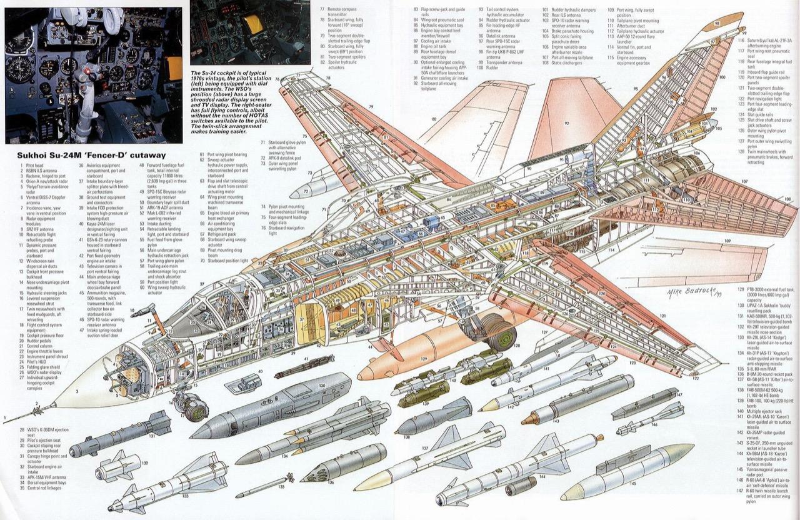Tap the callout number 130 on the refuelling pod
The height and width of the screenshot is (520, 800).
(322, 386)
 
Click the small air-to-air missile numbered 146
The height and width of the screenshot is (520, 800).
(650, 419)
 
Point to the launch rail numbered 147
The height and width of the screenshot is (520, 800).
(644, 404)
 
